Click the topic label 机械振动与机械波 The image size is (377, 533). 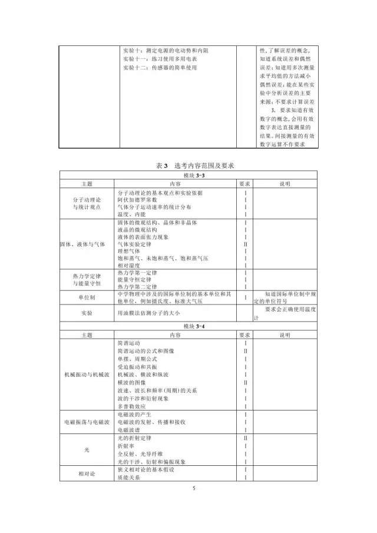87,375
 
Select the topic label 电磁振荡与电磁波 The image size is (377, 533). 87,422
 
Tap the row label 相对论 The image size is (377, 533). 87,474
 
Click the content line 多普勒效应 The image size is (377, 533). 134,406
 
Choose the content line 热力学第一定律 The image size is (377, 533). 141,273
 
